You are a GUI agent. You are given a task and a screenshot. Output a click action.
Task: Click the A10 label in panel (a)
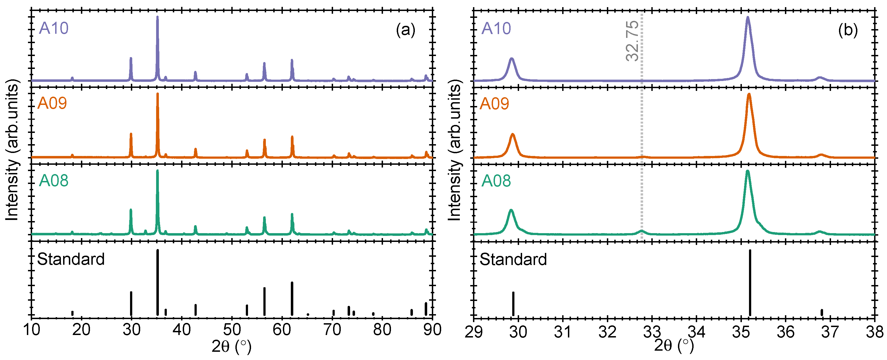(53, 28)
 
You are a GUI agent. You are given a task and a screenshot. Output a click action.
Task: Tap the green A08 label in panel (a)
(53, 180)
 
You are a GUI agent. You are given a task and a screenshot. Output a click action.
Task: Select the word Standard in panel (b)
(513, 259)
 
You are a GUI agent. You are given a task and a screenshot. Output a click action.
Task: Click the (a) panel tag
(405, 30)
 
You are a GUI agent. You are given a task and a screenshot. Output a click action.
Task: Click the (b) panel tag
(848, 30)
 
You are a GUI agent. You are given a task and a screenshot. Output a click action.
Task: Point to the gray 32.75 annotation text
(632, 41)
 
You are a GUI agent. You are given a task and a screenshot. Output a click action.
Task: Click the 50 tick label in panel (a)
(232, 330)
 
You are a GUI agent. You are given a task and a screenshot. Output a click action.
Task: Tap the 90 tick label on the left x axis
(432, 330)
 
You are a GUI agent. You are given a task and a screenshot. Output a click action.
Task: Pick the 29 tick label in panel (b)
(474, 333)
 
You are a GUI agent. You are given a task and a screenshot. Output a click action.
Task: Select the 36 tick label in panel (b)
(785, 333)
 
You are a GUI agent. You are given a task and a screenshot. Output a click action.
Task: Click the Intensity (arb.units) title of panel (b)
(455, 150)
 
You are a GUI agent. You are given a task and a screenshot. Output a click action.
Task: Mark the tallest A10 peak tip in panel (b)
(748, 18)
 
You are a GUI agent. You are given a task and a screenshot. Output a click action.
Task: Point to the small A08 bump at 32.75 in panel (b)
(641, 231)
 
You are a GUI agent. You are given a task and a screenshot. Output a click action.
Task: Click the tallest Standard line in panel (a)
(158, 283)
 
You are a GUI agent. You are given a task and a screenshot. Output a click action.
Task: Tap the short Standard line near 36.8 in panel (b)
(822, 312)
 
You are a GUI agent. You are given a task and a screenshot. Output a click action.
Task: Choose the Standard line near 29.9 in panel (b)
(513, 303)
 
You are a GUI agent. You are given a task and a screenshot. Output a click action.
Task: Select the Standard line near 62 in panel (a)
(292, 298)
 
